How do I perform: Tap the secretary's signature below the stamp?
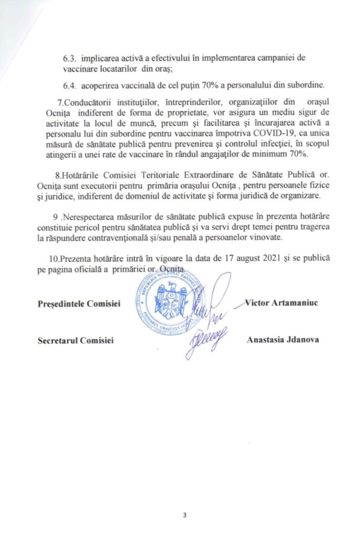tap(205, 340)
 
